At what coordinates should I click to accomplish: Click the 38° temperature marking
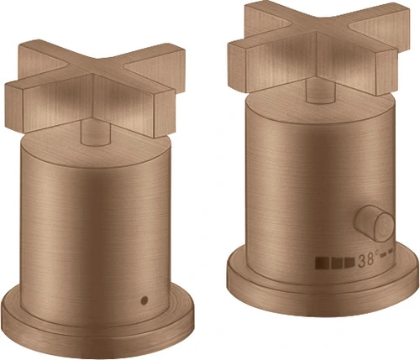click(369, 259)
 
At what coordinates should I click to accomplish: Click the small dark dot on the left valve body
click(144, 300)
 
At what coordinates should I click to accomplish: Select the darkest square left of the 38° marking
click(323, 263)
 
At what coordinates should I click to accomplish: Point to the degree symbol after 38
click(377, 253)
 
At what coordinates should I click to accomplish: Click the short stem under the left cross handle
click(95, 133)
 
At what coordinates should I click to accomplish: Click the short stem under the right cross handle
click(321, 91)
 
